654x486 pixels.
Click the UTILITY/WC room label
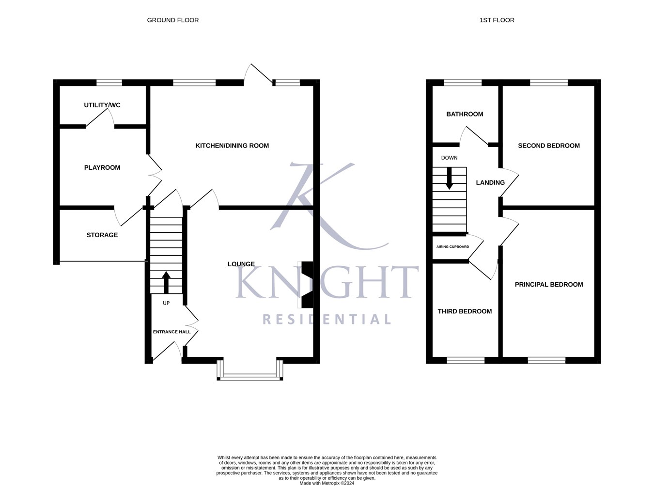[102, 105]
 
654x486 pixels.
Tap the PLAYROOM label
[102, 168]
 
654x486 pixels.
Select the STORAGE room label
[102, 235]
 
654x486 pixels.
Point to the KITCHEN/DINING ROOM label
[232, 146]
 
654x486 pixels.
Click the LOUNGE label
[241, 264]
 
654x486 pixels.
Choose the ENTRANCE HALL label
[172, 332]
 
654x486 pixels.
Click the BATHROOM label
[465, 114]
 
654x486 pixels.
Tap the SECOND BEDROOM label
[549, 146]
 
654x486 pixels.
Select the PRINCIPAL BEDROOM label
[549, 285]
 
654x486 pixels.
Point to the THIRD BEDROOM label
[465, 311]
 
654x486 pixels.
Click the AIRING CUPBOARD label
[452, 247]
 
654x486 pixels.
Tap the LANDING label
[490, 183]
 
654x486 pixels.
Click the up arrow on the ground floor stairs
[166, 282]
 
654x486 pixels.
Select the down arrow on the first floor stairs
[449, 178]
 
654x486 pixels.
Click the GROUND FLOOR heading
[173, 20]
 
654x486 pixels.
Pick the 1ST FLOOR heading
[497, 20]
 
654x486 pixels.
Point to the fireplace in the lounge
[307, 285]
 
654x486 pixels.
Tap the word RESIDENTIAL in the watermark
[327, 319]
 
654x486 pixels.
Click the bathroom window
[463, 82]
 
